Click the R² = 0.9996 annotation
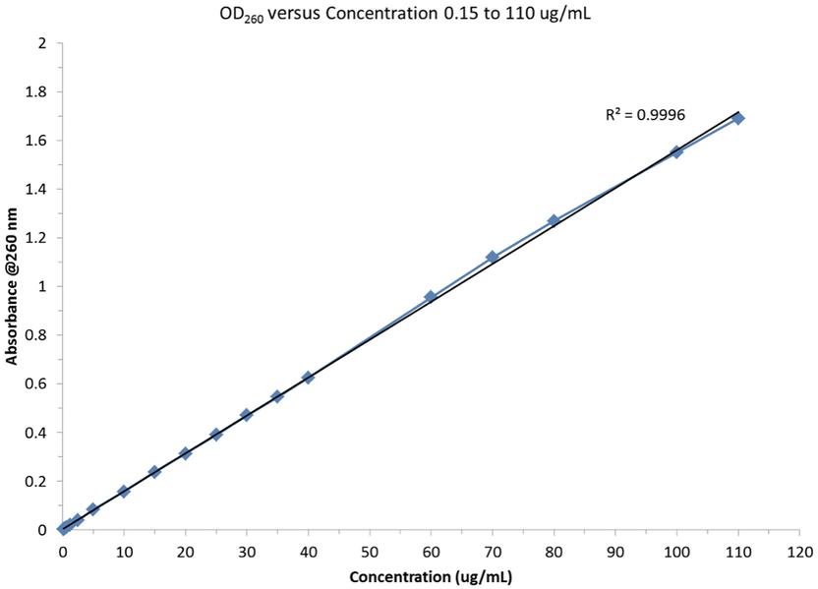tap(645, 115)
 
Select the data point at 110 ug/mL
tap(738, 118)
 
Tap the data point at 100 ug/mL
tap(676, 151)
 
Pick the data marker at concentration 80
tap(554, 221)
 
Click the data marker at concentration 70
tap(493, 257)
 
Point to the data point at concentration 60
tap(431, 296)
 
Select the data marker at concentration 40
tap(308, 378)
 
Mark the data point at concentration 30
tap(246, 415)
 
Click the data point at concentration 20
tap(185, 453)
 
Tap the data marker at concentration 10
tap(124, 491)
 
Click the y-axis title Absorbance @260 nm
tap(12, 286)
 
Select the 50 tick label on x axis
tap(370, 551)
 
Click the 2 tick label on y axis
tap(41, 43)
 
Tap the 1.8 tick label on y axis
tap(36, 91)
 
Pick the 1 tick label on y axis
tap(41, 286)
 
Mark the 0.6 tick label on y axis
tap(36, 383)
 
